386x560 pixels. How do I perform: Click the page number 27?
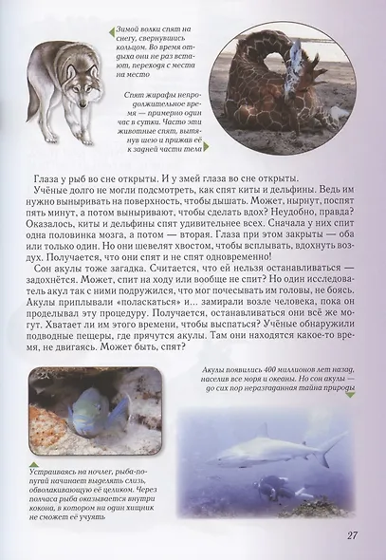click(352, 535)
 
